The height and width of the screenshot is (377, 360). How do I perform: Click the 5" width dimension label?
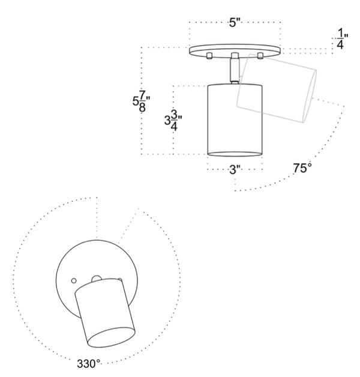pos(235,23)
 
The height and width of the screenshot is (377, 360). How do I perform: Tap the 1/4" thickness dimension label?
pos(342,38)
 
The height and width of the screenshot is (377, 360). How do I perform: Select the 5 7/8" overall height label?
pos(142,101)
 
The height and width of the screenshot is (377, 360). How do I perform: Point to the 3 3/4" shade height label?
pos(173,120)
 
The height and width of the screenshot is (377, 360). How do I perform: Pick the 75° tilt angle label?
pos(302,168)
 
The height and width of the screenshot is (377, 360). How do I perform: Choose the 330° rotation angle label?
pos(88,364)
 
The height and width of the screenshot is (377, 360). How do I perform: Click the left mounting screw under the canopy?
pos(209,56)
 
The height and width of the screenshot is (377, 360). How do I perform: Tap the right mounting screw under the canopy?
pos(260,56)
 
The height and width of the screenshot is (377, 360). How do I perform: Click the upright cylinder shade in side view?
pos(235,120)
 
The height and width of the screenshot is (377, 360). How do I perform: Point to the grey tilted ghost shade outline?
pos(277,88)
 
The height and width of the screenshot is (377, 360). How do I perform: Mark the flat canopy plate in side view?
pos(235,51)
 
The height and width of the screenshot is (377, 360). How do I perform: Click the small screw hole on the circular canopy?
pos(74,280)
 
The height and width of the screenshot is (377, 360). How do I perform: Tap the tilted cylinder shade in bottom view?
pos(105,313)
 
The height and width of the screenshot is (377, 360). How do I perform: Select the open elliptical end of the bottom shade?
pos(111,337)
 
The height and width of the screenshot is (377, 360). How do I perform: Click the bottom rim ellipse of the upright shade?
pos(235,154)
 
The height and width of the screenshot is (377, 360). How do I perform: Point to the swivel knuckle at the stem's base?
pos(235,82)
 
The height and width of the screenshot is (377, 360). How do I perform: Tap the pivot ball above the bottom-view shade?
pos(97,279)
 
